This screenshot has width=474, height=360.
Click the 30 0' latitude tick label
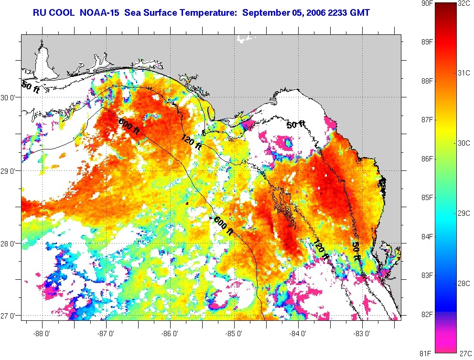tap(9, 97)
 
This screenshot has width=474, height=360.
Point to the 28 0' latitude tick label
tap(9, 244)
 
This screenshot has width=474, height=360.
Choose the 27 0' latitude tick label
tap(9, 316)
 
